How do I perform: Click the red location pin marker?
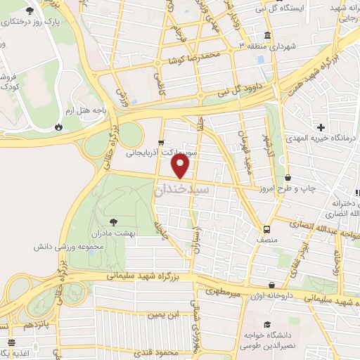coord(181,165)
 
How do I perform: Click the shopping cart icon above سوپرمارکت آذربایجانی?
coord(162,141)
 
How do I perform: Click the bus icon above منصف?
coord(267,229)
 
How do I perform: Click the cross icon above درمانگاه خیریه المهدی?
coord(321,128)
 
